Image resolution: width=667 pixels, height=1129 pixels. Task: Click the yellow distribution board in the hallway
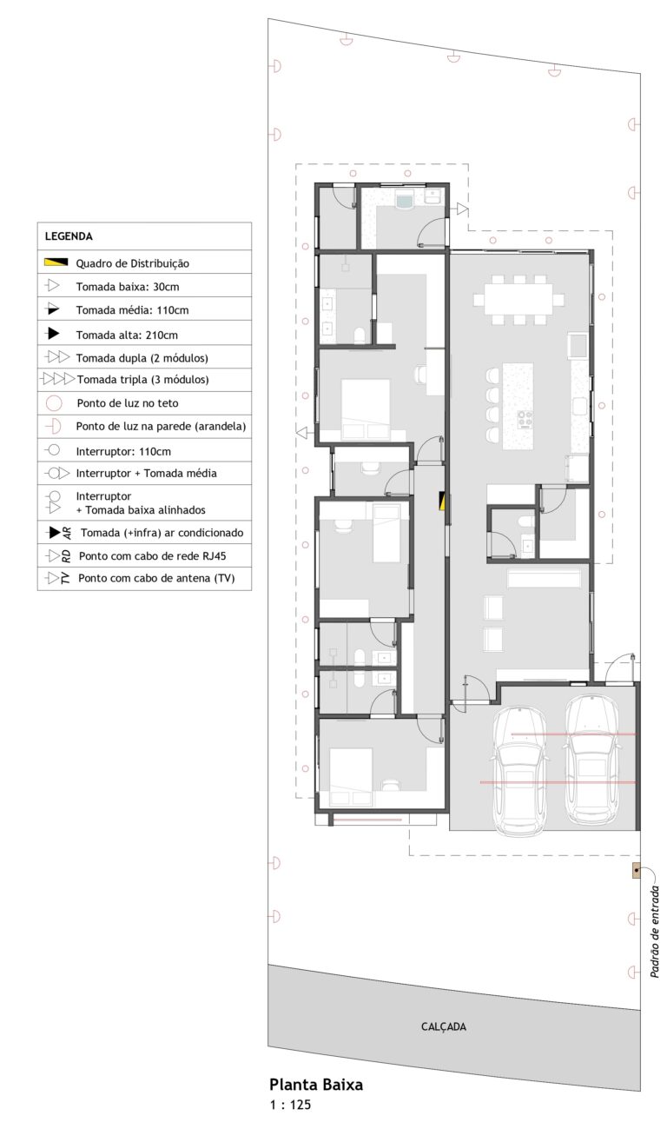442,501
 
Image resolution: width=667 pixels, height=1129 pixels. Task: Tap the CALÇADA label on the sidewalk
443,1026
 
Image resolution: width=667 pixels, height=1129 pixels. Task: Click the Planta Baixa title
316,1084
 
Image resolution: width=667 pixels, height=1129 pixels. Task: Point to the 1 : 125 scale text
290,1105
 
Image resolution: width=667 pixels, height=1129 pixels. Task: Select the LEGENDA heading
69,236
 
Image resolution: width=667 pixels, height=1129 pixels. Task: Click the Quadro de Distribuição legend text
133,263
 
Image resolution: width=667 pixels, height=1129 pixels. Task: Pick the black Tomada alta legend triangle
53,333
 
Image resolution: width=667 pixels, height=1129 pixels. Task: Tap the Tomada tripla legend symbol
58,379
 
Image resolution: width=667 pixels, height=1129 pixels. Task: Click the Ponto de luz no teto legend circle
54,403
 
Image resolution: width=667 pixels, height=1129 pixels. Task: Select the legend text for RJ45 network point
153,556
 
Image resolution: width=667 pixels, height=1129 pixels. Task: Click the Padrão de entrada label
654,932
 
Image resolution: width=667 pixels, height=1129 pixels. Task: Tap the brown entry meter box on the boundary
637,871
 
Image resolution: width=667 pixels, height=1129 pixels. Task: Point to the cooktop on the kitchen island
525,420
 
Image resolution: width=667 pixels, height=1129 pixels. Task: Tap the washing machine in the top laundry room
405,200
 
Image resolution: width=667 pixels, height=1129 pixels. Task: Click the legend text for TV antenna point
156,578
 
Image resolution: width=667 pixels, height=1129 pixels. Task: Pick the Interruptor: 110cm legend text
123,451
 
